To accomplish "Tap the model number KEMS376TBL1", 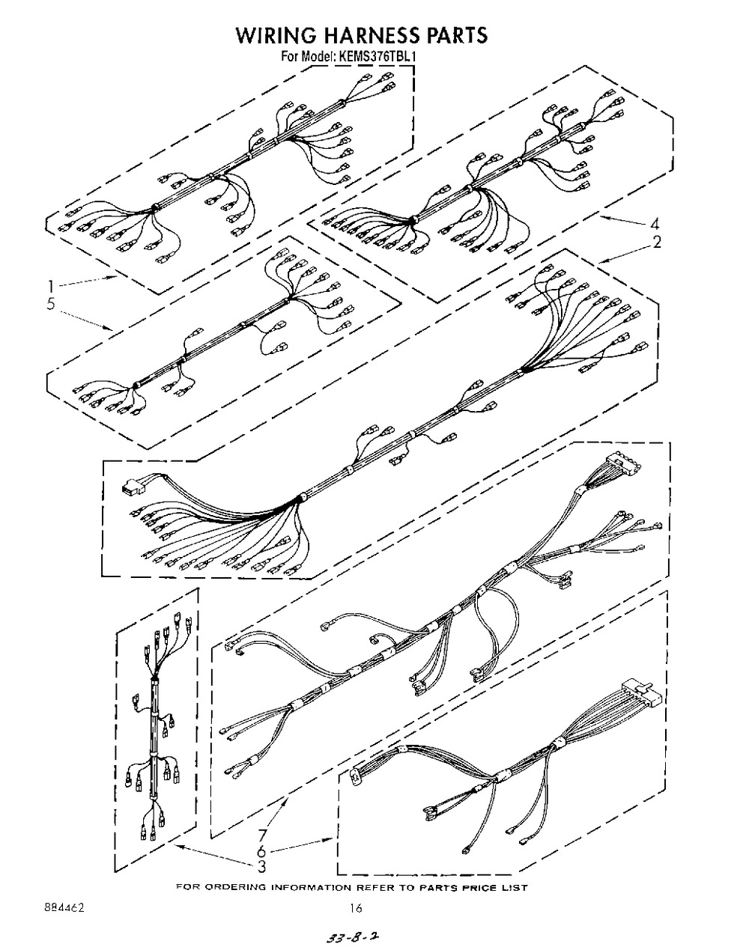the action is (377, 57).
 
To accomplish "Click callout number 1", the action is (52, 287).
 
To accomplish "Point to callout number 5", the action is (51, 304).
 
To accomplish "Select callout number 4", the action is (655, 225).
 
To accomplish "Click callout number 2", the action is (657, 242).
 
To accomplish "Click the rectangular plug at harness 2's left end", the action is (132, 486).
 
